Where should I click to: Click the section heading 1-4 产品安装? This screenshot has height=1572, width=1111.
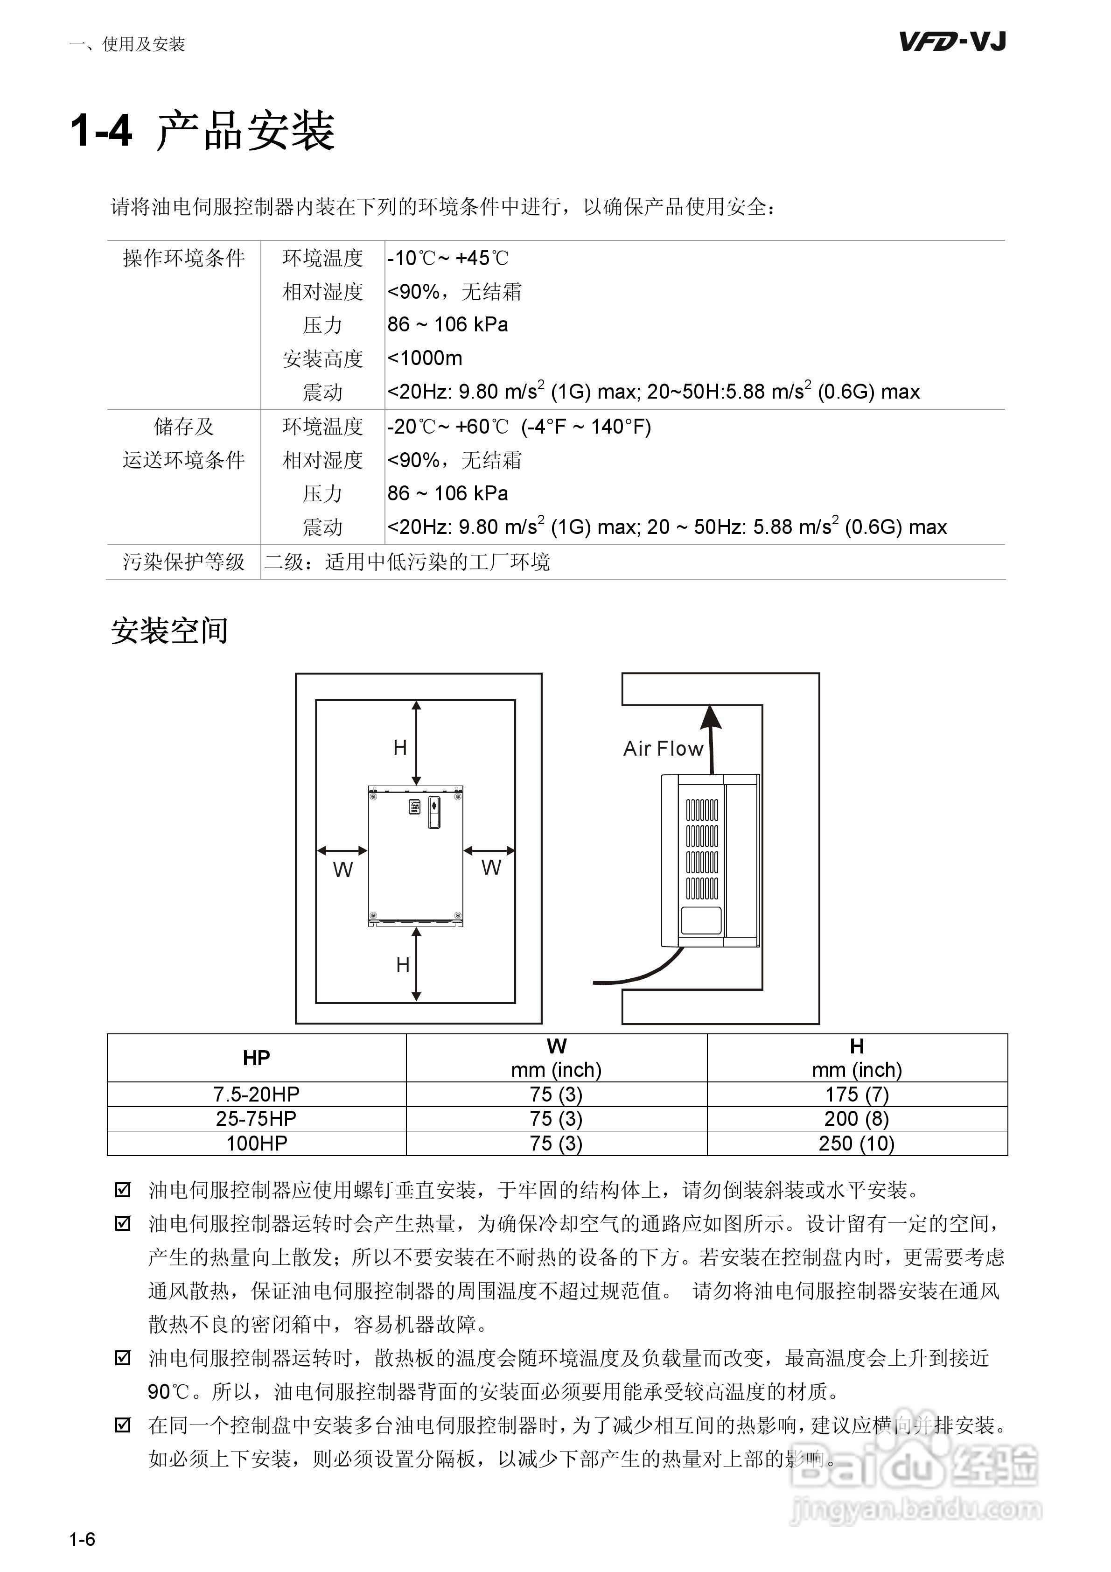tap(203, 130)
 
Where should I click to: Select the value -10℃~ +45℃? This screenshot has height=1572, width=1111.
tap(447, 258)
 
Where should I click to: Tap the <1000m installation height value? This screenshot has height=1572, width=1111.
tap(425, 358)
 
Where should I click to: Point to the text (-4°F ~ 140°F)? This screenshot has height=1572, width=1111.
tap(586, 427)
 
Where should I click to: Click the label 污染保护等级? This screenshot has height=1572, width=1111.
tap(183, 562)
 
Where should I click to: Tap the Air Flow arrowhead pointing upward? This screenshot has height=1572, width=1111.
tap(711, 717)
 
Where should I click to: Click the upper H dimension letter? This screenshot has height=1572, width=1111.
tap(400, 748)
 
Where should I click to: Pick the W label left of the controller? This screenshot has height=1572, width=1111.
tap(342, 870)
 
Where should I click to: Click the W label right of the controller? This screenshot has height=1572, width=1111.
tap(491, 868)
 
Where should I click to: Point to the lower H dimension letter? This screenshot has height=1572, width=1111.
tap(403, 965)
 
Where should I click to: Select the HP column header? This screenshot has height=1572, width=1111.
tap(256, 1058)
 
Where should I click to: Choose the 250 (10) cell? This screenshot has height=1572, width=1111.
tap(856, 1144)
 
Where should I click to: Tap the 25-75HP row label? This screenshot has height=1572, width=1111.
tap(256, 1119)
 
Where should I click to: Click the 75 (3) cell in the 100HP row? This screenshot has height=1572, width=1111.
tap(556, 1144)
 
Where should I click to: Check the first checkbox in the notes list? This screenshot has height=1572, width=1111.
tap(123, 1190)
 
